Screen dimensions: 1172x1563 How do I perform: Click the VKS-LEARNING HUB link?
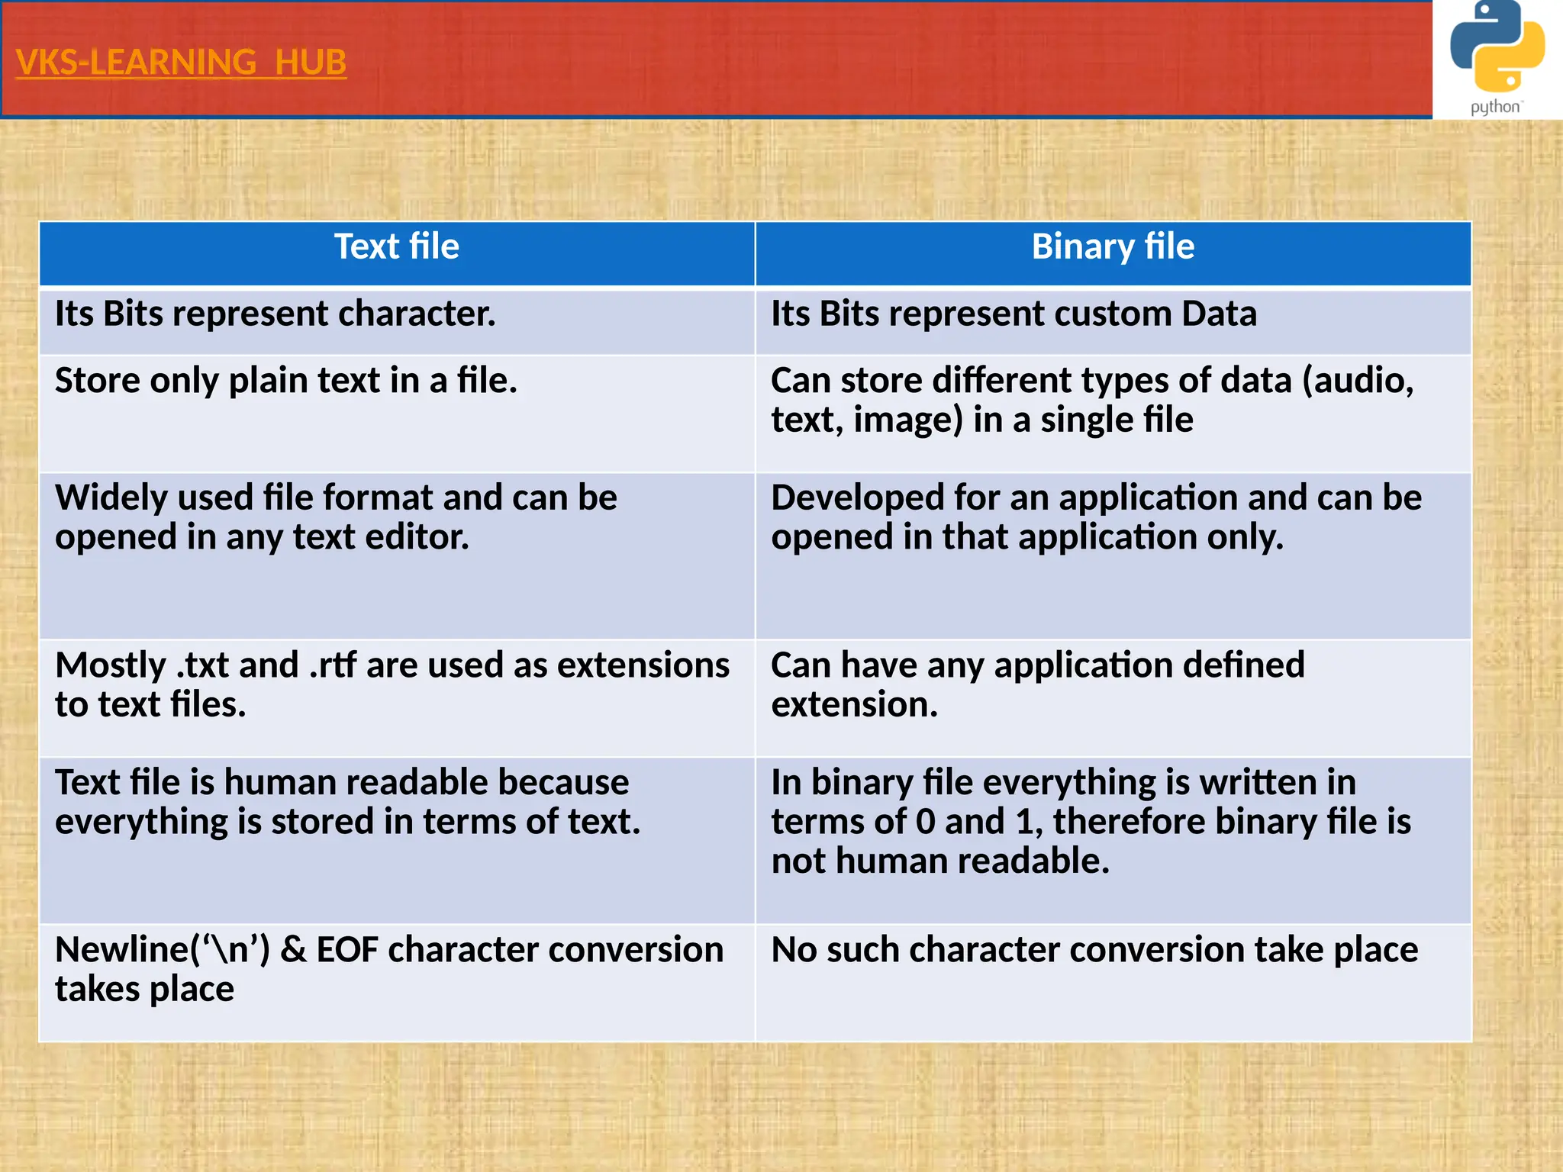pos(181,63)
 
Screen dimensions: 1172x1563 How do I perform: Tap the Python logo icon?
pos(1497,47)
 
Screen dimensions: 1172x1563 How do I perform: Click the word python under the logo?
pos(1495,107)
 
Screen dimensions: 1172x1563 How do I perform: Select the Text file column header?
pos(397,247)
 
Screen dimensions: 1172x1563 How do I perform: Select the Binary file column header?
pos(1113,247)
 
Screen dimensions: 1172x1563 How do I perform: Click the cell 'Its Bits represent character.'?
pos(276,314)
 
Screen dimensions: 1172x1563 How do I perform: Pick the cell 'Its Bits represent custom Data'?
pos(1014,314)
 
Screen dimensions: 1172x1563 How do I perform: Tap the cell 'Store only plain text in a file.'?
pos(286,381)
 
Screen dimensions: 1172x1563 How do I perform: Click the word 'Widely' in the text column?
pos(111,498)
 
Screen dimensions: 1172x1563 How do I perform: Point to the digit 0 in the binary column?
pos(925,823)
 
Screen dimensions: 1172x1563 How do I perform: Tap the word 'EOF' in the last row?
pos(347,951)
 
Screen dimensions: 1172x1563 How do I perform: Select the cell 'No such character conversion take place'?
pos(1094,951)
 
